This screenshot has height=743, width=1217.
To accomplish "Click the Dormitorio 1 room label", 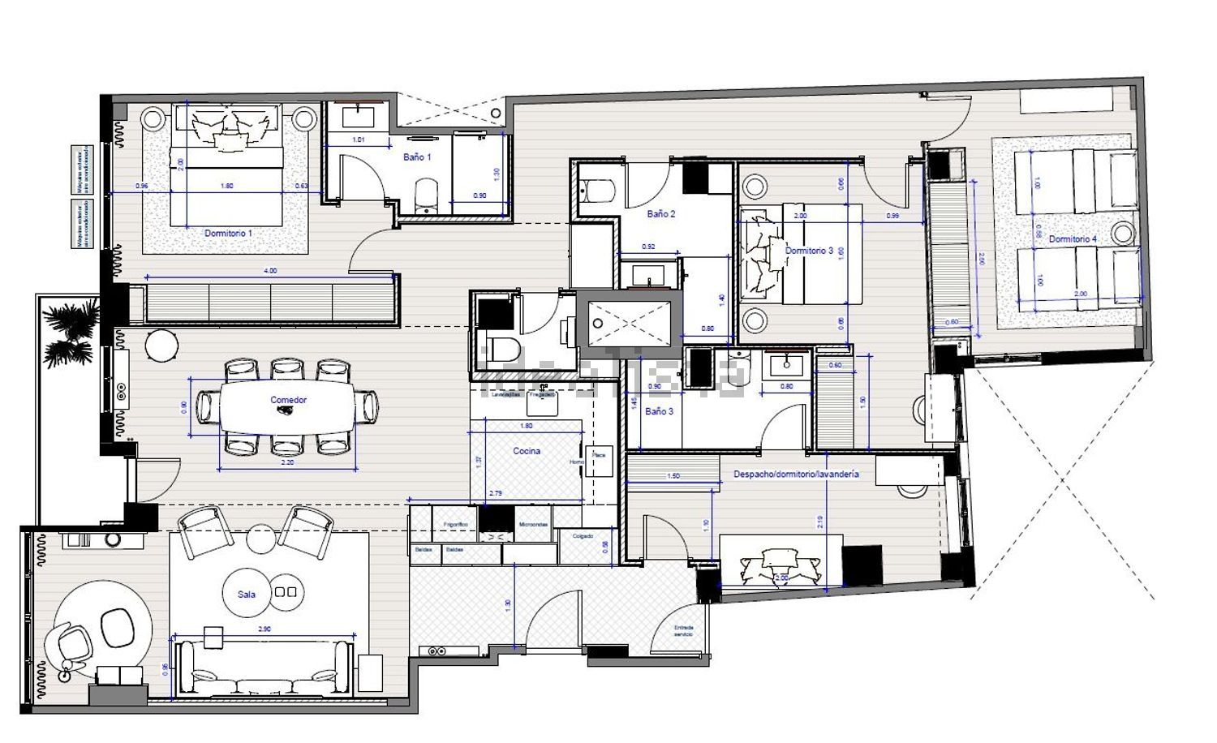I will tap(228, 233).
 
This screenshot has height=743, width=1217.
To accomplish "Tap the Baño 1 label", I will tap(417, 157).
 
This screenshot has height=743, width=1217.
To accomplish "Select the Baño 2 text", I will tap(660, 214).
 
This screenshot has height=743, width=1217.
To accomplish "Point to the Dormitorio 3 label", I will tap(809, 251).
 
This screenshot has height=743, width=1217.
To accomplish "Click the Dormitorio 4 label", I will tap(1073, 239).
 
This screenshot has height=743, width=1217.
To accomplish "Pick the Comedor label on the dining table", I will tap(288, 400).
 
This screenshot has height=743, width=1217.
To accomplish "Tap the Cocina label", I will tap(527, 451).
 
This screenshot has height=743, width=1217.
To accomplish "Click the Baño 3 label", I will tap(659, 411).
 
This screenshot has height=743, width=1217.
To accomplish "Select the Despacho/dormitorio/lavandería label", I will tap(796, 474).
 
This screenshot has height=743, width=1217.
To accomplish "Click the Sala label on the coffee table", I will tap(247, 595).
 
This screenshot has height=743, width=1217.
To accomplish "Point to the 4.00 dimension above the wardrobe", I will tap(270, 271).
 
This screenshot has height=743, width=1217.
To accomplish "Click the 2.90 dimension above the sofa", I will tap(264, 629).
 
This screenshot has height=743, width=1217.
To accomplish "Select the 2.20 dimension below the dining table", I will tap(287, 463).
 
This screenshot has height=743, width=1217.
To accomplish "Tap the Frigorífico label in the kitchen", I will tap(455, 525).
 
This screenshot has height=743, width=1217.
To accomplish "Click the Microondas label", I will tap(533, 525).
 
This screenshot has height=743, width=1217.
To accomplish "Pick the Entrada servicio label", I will tap(683, 630).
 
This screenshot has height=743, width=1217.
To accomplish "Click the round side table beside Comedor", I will tap(161, 346).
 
